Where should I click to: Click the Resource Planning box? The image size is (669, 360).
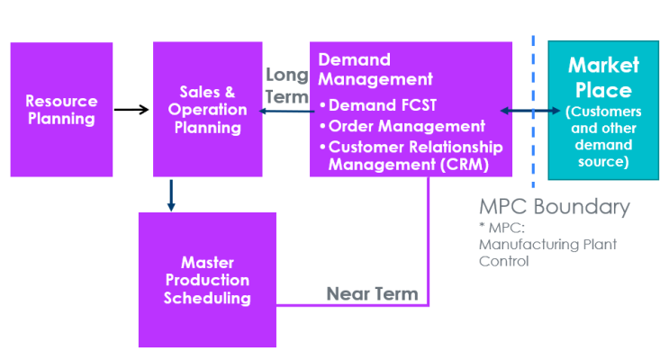pos(61,109)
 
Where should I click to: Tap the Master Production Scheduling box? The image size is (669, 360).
pos(207,280)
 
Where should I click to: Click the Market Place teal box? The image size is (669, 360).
pos(603,110)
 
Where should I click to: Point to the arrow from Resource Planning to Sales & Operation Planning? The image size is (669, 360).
pos(131,110)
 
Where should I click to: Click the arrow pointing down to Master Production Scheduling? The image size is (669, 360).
pos(171,194)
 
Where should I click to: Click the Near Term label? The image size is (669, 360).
pos(372,294)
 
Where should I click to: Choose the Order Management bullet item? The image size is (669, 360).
pos(406,127)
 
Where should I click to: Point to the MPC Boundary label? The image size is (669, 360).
pos(554,206)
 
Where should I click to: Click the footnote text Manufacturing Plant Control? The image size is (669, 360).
pos(547,252)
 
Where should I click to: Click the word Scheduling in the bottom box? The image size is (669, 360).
pos(207,299)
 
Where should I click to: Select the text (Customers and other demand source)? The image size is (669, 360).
pos(603,137)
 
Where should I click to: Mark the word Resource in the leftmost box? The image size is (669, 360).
pos(60,101)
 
